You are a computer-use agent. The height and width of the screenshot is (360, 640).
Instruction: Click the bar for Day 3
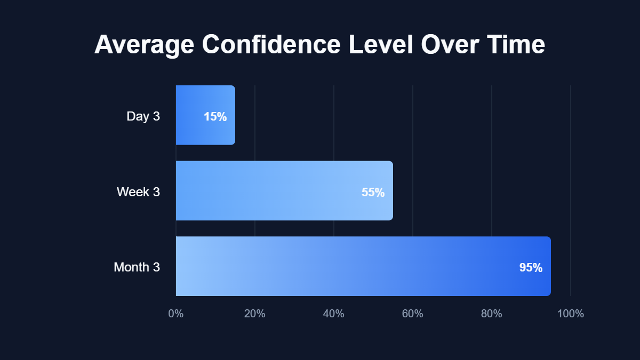click(x=205, y=115)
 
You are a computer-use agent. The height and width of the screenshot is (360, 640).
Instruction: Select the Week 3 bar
click(x=284, y=190)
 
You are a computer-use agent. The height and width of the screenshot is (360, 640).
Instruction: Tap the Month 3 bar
click(x=363, y=266)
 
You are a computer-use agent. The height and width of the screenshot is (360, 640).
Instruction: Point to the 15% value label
click(x=215, y=116)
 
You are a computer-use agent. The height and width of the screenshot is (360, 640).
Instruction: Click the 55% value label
click(x=373, y=192)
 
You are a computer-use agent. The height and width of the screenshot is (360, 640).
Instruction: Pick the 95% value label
click(x=531, y=268)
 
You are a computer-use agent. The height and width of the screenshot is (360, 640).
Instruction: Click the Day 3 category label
click(x=143, y=116)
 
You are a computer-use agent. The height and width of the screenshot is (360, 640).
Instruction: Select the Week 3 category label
click(x=138, y=192)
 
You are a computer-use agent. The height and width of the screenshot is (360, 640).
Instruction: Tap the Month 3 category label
click(x=137, y=267)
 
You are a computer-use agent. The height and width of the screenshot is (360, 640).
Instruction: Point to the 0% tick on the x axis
click(x=176, y=314)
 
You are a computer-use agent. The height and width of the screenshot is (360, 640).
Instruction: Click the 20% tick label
click(x=255, y=314)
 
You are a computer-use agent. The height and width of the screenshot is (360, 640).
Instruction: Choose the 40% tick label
click(x=334, y=314)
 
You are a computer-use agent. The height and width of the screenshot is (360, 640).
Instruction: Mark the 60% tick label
click(x=413, y=314)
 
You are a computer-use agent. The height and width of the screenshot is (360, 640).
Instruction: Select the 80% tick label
click(x=492, y=314)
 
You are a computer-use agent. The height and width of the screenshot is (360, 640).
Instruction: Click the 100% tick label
click(x=571, y=314)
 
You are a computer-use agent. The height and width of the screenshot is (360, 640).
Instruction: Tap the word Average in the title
click(x=144, y=45)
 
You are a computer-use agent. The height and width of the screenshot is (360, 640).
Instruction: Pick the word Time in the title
click(x=515, y=45)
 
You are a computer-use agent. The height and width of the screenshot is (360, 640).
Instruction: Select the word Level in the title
click(x=381, y=45)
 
